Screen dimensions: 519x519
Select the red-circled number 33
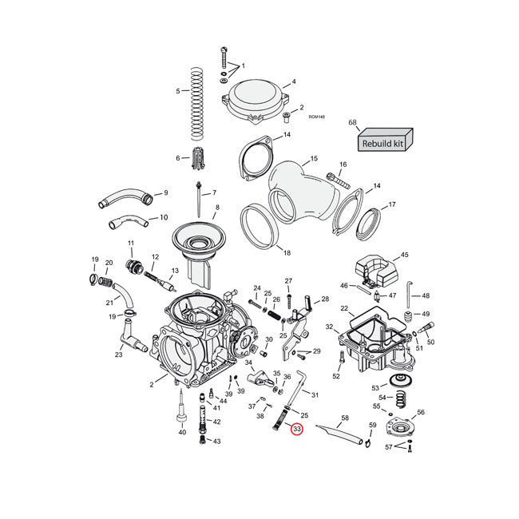tap(297, 429)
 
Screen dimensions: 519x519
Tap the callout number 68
tap(353, 122)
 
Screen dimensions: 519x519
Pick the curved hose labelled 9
tap(124, 198)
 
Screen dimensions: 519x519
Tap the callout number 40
tap(182, 432)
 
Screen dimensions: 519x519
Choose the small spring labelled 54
tap(405, 397)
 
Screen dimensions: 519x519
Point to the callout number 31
tap(315, 395)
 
